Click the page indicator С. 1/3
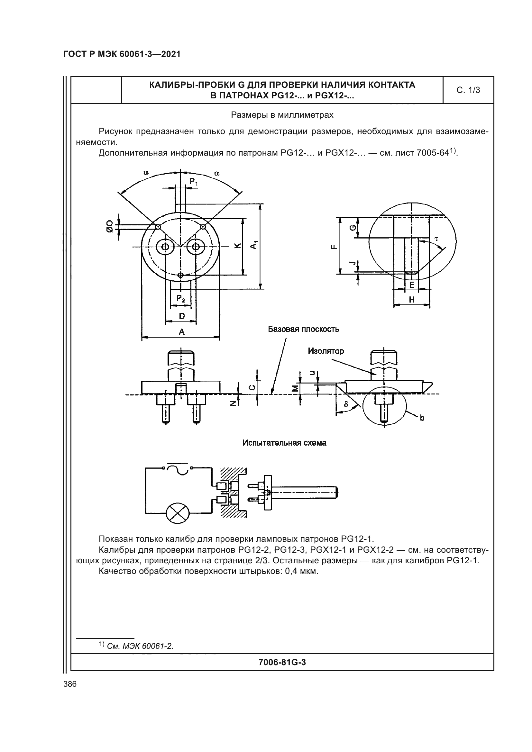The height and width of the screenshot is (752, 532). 468,90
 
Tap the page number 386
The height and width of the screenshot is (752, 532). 70,684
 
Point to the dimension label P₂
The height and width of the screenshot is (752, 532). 181,298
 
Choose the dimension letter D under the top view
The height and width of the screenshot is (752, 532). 181,316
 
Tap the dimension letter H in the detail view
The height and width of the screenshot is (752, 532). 412,299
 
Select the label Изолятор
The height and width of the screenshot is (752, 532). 326,351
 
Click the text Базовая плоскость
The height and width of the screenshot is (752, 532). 303,329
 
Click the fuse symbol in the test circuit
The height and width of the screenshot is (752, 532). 178,469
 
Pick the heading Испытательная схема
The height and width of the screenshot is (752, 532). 284,443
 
